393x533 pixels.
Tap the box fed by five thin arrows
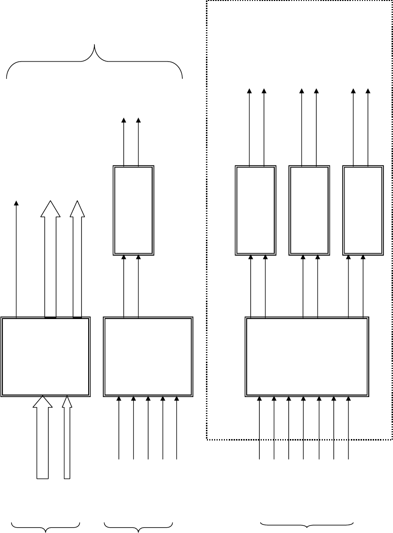coord(148,357)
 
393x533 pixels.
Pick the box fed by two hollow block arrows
coord(46,357)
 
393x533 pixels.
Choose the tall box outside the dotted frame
coord(133,210)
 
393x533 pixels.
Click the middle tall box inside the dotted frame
coord(309,210)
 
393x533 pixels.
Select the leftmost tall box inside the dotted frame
coord(255,210)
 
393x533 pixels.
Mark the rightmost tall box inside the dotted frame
coord(363,210)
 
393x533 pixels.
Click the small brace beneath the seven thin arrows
coord(307,525)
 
